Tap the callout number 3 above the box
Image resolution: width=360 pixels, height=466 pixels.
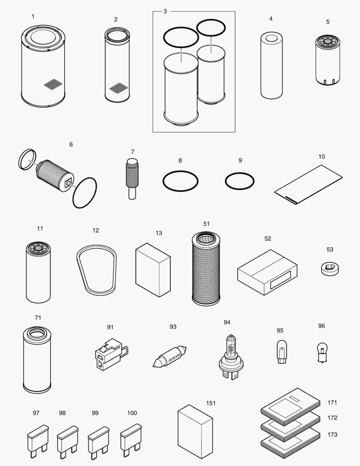(165, 11)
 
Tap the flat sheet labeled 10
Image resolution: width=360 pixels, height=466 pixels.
(308, 183)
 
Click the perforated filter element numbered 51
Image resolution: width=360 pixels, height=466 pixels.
(205, 268)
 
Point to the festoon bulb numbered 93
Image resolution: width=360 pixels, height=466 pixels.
(169, 355)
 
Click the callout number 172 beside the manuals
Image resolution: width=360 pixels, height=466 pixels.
(332, 418)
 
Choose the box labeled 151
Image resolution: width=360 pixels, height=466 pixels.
(195, 425)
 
